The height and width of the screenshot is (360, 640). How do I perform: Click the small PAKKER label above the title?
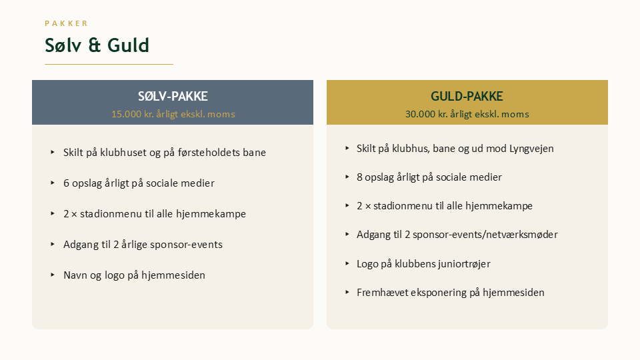tap(66, 23)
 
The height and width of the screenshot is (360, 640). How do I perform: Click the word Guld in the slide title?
tap(128, 45)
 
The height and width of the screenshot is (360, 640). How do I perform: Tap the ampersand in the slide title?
tap(94, 45)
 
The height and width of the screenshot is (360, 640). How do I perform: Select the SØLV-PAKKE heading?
tap(173, 96)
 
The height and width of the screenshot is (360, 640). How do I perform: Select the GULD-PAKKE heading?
tap(467, 96)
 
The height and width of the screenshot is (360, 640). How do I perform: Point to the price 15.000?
tap(126, 114)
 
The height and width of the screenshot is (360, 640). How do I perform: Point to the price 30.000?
tap(421, 114)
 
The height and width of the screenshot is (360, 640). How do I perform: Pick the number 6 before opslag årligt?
tap(66, 183)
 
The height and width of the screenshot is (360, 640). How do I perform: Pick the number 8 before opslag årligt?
tap(359, 177)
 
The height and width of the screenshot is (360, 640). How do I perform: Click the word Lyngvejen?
tap(531, 149)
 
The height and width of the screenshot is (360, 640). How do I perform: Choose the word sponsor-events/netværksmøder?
tap(485, 235)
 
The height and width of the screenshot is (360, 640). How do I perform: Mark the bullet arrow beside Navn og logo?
tap(53, 275)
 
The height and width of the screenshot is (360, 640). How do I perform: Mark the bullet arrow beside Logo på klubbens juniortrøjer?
tap(347, 263)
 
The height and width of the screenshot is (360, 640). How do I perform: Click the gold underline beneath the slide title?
tap(109, 64)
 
